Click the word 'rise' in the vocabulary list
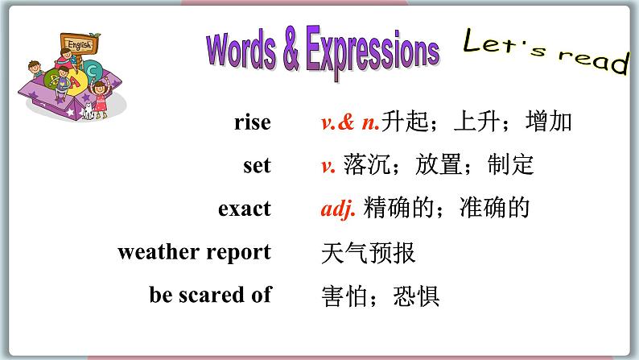point(252,122)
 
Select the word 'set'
point(257,166)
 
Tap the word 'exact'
point(244,209)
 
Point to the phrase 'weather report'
point(194,252)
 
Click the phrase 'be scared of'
point(210,295)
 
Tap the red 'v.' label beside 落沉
point(328,166)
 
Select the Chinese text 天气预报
point(368,253)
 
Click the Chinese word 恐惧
point(416,296)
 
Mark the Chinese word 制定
point(510,166)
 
